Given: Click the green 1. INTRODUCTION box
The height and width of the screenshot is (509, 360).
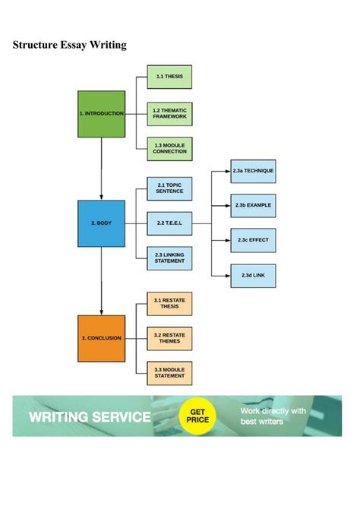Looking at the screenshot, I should pyautogui.click(x=101, y=114).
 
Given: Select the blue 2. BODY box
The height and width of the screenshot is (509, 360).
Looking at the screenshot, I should pyautogui.click(x=101, y=223).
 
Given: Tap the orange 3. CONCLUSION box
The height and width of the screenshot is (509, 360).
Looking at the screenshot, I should pyautogui.click(x=101, y=337).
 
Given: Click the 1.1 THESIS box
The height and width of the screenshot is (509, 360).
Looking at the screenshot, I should pyautogui.click(x=169, y=77).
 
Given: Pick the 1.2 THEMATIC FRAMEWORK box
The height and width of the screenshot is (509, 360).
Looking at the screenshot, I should pyautogui.click(x=169, y=114).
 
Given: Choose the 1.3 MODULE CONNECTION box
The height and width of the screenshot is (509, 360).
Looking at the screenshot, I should pyautogui.click(x=169, y=148).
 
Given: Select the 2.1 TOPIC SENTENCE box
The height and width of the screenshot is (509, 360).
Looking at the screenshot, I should pyautogui.click(x=169, y=188).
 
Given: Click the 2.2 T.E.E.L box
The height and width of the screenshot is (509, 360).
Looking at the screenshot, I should pyautogui.click(x=169, y=223).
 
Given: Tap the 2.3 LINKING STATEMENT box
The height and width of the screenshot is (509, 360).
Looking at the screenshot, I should pyautogui.click(x=169, y=258).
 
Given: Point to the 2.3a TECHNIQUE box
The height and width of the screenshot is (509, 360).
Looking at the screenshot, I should pyautogui.click(x=253, y=171).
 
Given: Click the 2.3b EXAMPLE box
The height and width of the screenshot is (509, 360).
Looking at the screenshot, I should pyautogui.click(x=253, y=205).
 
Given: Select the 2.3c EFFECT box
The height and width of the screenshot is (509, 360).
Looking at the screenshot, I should pyautogui.click(x=253, y=240).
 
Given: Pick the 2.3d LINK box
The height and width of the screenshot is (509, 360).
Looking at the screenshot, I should pyautogui.click(x=253, y=274).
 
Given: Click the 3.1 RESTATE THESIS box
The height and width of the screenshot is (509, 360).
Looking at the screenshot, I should pyautogui.click(x=169, y=303).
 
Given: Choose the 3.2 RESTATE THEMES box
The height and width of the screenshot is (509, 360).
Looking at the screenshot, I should pyautogui.click(x=169, y=337).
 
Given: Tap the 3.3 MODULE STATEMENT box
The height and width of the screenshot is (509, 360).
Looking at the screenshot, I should pyautogui.click(x=169, y=372).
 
